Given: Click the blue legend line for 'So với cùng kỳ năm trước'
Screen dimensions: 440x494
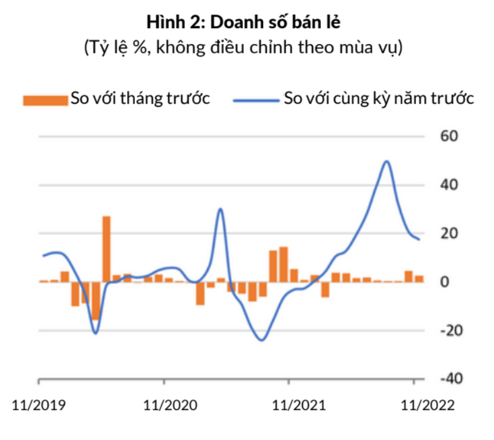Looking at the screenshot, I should pyautogui.click(x=256, y=99).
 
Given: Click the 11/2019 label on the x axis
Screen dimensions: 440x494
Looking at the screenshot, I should pyautogui.click(x=39, y=406).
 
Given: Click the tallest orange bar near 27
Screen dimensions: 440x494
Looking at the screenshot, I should pyautogui.click(x=106, y=249).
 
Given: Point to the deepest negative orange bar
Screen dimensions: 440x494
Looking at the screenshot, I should pyautogui.click(x=96, y=301).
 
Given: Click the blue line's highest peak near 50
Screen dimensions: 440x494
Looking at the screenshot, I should pyautogui.click(x=386, y=161).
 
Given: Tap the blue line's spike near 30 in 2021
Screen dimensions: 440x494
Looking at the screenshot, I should pyautogui.click(x=220, y=209).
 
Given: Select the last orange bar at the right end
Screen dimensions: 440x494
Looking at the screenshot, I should pyautogui.click(x=419, y=279).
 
